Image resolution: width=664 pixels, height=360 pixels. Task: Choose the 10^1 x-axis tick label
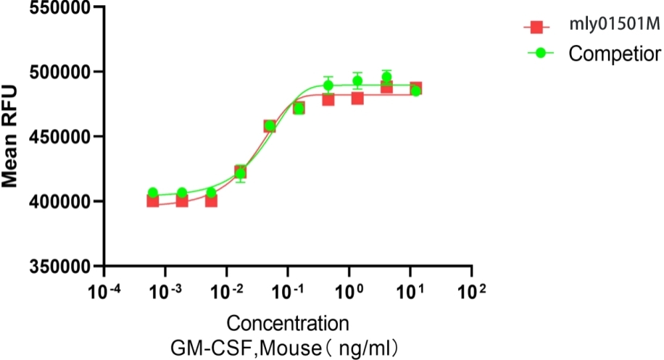pos(411,291)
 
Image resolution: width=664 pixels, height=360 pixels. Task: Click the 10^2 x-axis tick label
pos(473,291)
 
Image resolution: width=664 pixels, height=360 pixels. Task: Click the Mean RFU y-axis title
pos(10,138)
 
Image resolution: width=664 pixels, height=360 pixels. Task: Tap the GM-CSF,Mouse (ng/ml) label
pos(288,346)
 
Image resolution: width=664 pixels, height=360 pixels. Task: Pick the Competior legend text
pos(614,53)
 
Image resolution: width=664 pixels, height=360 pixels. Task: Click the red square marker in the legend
pos(537,27)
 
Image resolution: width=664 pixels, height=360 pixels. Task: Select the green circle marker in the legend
pos(537,52)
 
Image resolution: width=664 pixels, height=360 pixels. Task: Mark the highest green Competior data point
pos(386,78)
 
